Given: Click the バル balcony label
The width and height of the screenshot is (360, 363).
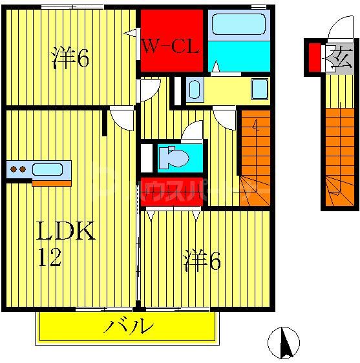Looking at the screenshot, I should click(x=129, y=326).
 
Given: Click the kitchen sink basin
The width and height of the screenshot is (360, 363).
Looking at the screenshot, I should click(x=47, y=170).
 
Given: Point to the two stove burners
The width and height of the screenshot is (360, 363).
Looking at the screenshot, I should click(x=17, y=170).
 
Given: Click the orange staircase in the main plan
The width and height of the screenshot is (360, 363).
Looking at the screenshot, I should click(x=255, y=158).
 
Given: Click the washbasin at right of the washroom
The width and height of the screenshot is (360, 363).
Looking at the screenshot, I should click(x=260, y=89).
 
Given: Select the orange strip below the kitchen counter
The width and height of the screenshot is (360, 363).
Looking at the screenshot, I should click(x=51, y=183).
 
